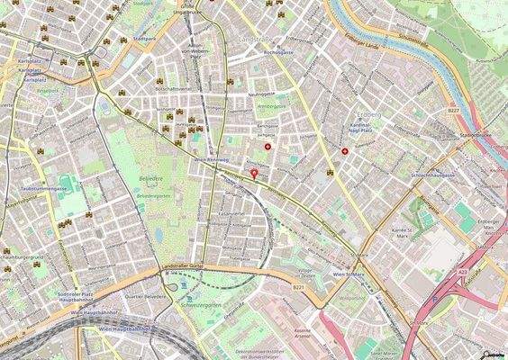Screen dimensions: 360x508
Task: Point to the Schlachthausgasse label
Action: tap(426, 175)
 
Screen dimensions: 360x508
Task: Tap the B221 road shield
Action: tap(299, 286)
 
